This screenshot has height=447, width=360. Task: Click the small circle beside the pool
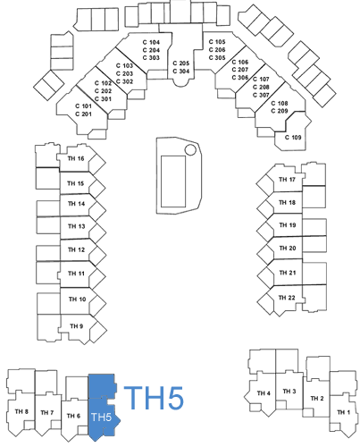click(x=190, y=150)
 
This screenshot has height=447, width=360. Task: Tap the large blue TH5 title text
click(x=154, y=398)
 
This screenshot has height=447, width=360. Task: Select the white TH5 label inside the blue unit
click(x=101, y=417)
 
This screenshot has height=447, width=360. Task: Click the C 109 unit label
click(x=293, y=138)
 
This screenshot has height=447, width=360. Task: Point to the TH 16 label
click(x=76, y=158)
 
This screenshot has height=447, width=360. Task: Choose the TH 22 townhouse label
click(x=287, y=298)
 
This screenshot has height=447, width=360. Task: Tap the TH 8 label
click(x=21, y=411)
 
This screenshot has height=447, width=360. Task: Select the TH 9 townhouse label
click(x=77, y=326)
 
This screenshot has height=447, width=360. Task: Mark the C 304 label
click(x=181, y=72)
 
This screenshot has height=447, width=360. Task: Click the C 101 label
click(x=83, y=106)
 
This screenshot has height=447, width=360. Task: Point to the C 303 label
click(x=151, y=58)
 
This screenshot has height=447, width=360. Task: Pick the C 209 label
click(x=280, y=111)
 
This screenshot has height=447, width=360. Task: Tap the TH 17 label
click(x=287, y=180)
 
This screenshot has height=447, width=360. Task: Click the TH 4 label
click(x=264, y=393)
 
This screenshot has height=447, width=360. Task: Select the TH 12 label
click(x=76, y=249)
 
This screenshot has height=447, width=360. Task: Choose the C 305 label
click(x=217, y=58)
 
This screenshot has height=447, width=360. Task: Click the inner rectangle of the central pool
click(x=173, y=181)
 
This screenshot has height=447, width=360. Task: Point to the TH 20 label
click(x=288, y=248)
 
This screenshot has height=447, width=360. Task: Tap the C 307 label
click(x=261, y=95)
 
